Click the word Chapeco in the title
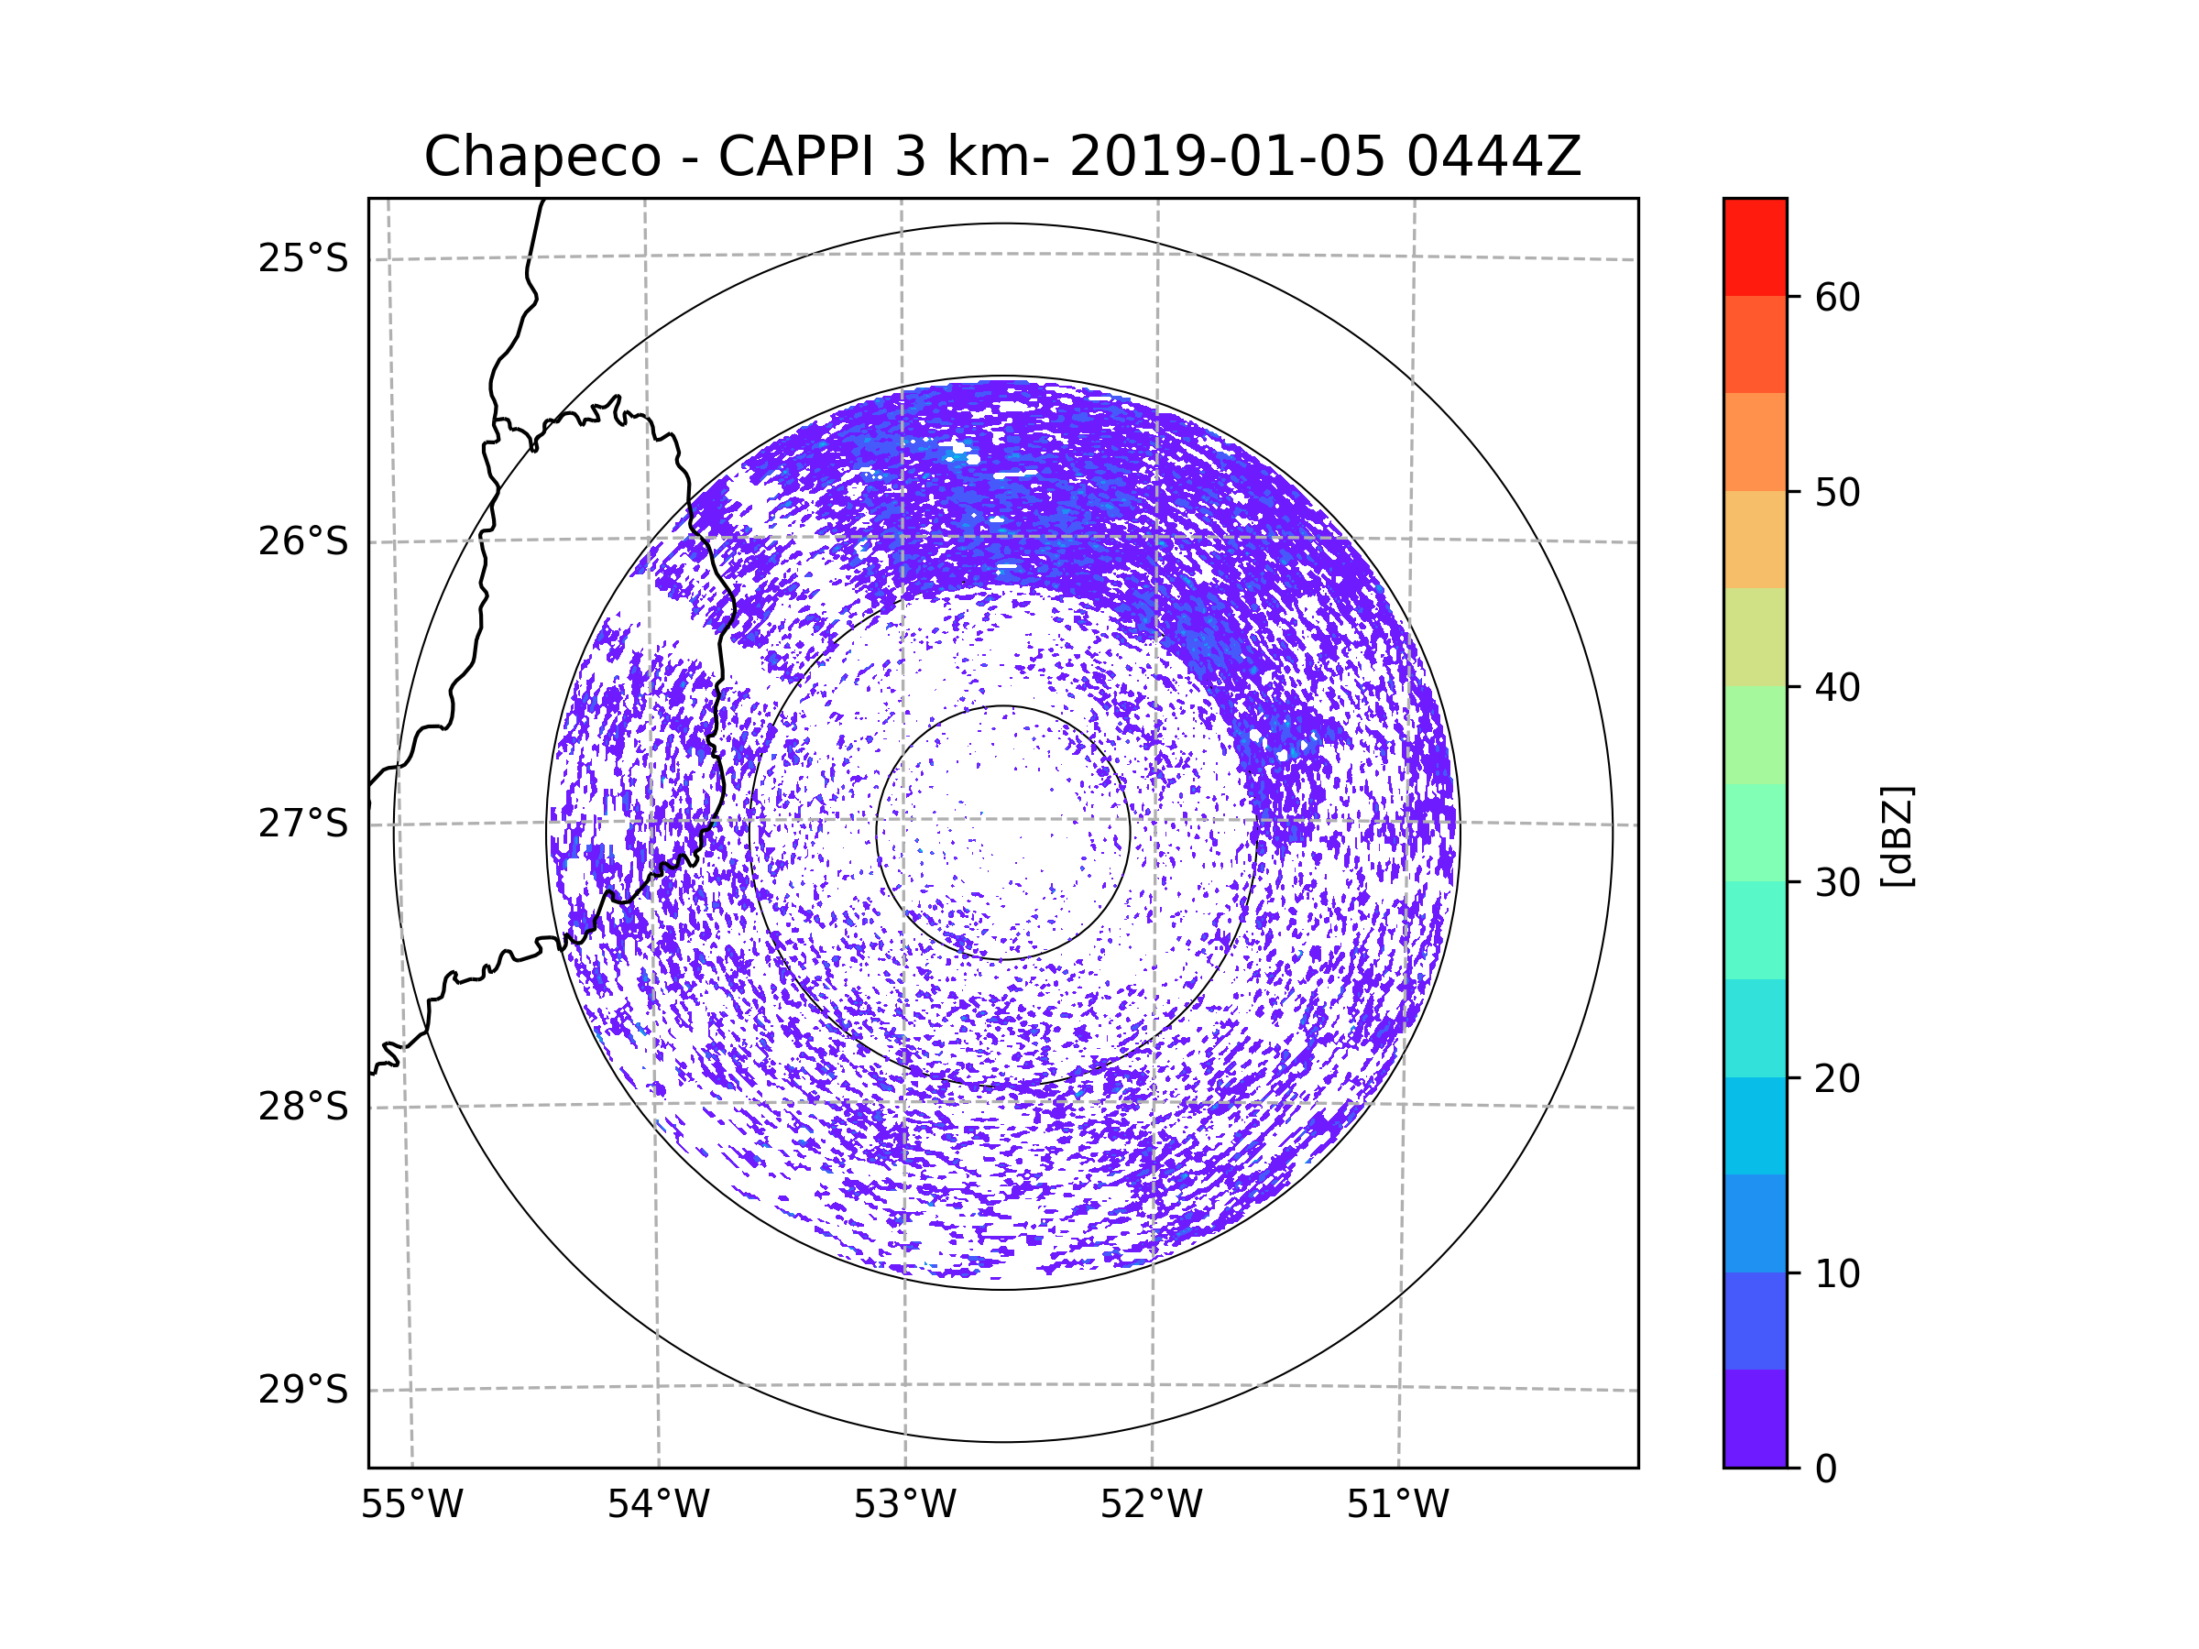542,157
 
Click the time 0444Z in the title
1493,157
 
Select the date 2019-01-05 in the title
1227,157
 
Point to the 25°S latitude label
303,258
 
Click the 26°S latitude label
303,541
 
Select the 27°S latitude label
303,824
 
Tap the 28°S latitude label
303,1107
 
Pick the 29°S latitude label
303,1390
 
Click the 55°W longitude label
411,1505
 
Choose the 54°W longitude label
658,1505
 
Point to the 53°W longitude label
904,1505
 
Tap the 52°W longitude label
1151,1505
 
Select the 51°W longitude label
1397,1505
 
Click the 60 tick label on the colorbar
1837,297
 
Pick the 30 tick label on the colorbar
1837,882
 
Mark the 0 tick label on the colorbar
1826,1469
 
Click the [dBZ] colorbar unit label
1898,835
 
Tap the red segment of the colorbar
1755,246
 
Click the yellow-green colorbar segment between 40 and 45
1755,637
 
